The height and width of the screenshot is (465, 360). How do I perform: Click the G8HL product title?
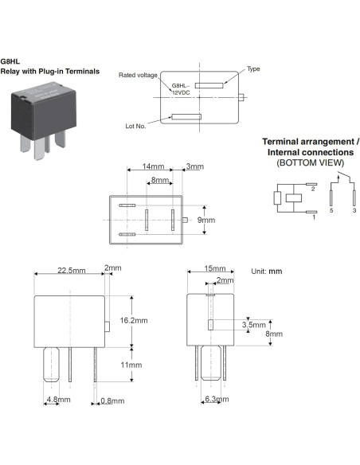(x=10, y=61)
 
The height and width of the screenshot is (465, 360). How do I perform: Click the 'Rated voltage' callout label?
(x=139, y=75)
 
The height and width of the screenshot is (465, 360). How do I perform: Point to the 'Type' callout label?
(x=254, y=69)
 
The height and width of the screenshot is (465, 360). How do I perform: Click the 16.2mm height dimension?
(x=134, y=320)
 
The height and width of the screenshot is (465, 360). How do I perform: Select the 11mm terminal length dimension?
(x=131, y=364)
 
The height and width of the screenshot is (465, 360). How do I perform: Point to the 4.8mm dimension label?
(x=57, y=400)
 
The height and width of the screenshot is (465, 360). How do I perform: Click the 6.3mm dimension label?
(x=217, y=400)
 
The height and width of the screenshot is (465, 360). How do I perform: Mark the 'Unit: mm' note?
(x=266, y=272)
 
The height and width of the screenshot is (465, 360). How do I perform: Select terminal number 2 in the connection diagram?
(x=314, y=190)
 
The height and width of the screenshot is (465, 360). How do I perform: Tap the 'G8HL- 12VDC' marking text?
(x=182, y=88)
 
